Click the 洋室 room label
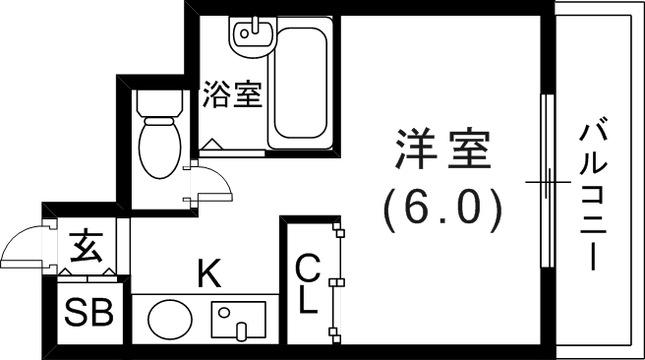coord(441,152)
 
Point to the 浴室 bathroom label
coord(232,95)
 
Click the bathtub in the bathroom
coord(304,85)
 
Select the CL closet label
coord(309,283)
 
